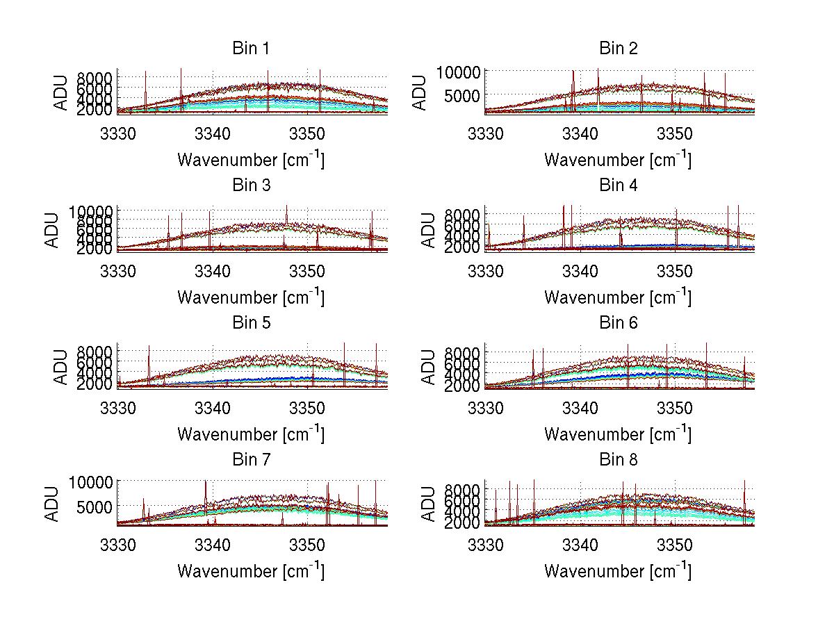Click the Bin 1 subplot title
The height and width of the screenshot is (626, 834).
(x=250, y=49)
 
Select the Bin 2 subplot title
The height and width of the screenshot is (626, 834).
(x=618, y=49)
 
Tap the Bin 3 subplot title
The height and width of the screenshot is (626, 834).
(x=250, y=186)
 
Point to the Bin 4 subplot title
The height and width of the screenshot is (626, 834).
(x=618, y=186)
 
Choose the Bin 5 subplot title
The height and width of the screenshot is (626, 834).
(x=250, y=323)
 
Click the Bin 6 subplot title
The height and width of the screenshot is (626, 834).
(x=618, y=323)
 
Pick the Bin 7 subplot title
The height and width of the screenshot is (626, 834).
(x=250, y=460)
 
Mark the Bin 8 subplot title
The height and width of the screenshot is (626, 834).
(x=618, y=460)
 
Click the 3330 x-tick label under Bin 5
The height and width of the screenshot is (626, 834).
(x=119, y=407)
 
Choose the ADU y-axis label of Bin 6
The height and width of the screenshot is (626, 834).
(x=428, y=365)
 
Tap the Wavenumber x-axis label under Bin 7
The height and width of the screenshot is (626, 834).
(x=251, y=571)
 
